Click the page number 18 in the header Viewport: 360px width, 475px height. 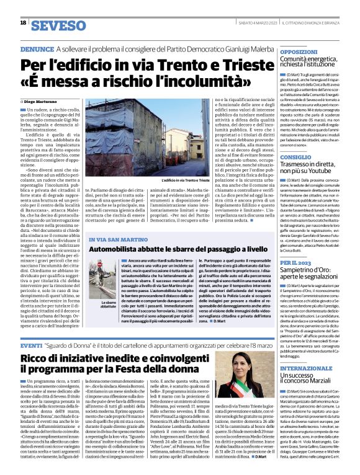tap(23, 22)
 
